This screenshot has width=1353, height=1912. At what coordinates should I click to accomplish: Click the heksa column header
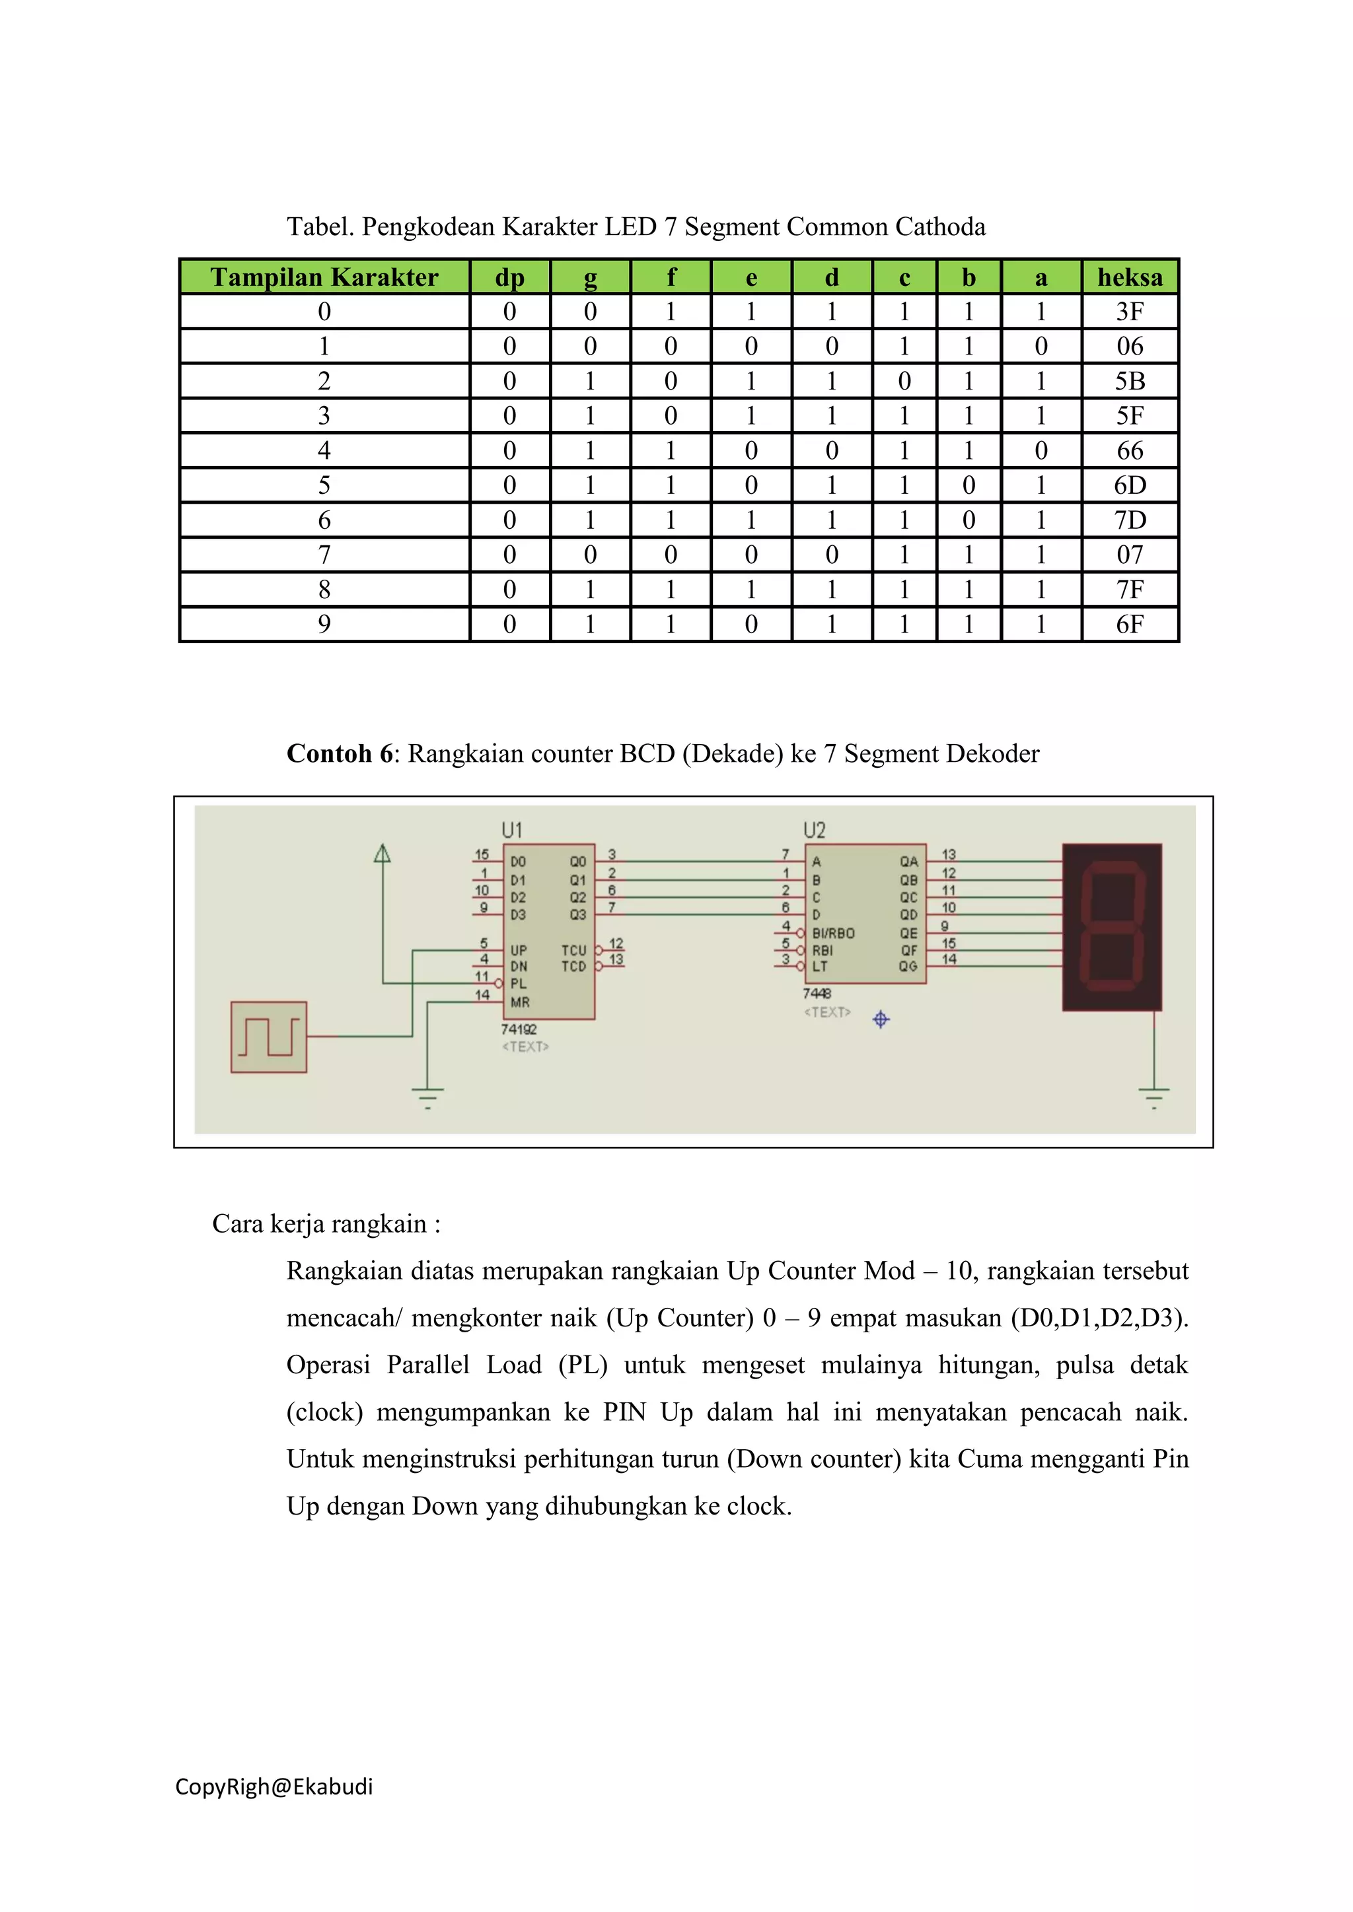point(1130,277)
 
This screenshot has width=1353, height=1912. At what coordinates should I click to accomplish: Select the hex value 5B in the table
point(1130,382)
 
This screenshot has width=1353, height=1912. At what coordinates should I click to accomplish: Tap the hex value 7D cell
point(1130,520)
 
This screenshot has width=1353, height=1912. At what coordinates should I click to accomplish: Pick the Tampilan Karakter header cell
point(324,277)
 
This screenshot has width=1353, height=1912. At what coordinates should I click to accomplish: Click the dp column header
point(509,277)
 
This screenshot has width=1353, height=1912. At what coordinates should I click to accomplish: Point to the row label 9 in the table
point(324,625)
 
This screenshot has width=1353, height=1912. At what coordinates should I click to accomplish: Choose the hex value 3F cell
point(1130,312)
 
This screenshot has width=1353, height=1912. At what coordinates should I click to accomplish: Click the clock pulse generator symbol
point(268,1037)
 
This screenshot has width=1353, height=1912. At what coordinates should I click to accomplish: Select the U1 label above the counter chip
point(511,831)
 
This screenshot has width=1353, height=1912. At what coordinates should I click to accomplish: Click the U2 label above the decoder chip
point(814,831)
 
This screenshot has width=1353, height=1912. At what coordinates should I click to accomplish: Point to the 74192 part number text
point(519,1029)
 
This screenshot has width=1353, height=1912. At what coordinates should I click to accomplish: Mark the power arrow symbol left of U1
point(383,854)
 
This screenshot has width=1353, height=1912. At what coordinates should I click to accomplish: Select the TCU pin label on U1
point(574,950)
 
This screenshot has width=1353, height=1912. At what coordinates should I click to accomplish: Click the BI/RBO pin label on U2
point(833,934)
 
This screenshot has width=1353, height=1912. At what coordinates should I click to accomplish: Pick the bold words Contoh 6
point(339,753)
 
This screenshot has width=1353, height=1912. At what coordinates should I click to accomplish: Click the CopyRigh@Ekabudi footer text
point(274,1787)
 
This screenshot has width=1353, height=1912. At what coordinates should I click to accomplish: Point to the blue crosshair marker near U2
point(881,1019)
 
